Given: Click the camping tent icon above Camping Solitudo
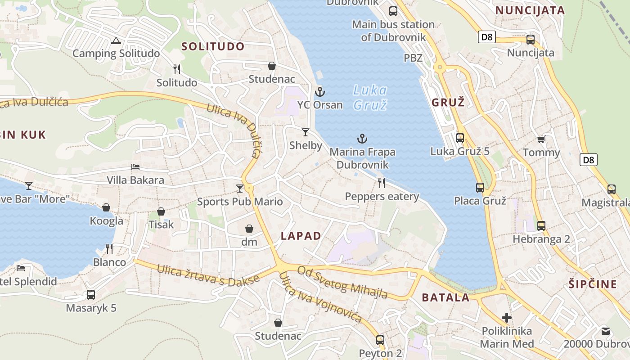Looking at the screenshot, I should tap(116, 41).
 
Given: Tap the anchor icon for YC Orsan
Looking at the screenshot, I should tap(319, 92).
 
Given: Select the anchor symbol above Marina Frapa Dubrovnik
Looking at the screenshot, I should tap(362, 139).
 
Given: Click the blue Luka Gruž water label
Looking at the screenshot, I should tap(370, 98).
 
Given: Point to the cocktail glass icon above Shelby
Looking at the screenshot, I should tap(306, 132).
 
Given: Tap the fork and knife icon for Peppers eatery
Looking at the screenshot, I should tap(382, 183).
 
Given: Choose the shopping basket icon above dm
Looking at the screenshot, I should tap(249, 229).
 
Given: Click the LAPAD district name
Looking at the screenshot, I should tap(301, 236).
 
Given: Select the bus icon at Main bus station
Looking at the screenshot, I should tap(393, 11).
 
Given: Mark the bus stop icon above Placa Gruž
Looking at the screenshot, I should tap(480, 188).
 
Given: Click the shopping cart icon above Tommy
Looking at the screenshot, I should tap(541, 139).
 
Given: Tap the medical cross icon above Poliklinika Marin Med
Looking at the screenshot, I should tap(507, 318).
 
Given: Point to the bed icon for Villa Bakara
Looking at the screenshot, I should tap(135, 167).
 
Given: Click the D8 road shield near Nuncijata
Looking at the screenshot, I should tap(487, 37).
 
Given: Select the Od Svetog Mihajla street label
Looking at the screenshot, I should tap(343, 282).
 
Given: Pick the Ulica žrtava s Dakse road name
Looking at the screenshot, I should tap(208, 275).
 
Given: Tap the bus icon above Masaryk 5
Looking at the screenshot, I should tap(91, 295).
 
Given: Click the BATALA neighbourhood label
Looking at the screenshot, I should tap(445, 297).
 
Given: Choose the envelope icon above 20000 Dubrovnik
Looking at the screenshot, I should tap(606, 331).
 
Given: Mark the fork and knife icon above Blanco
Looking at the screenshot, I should tap(109, 248).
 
